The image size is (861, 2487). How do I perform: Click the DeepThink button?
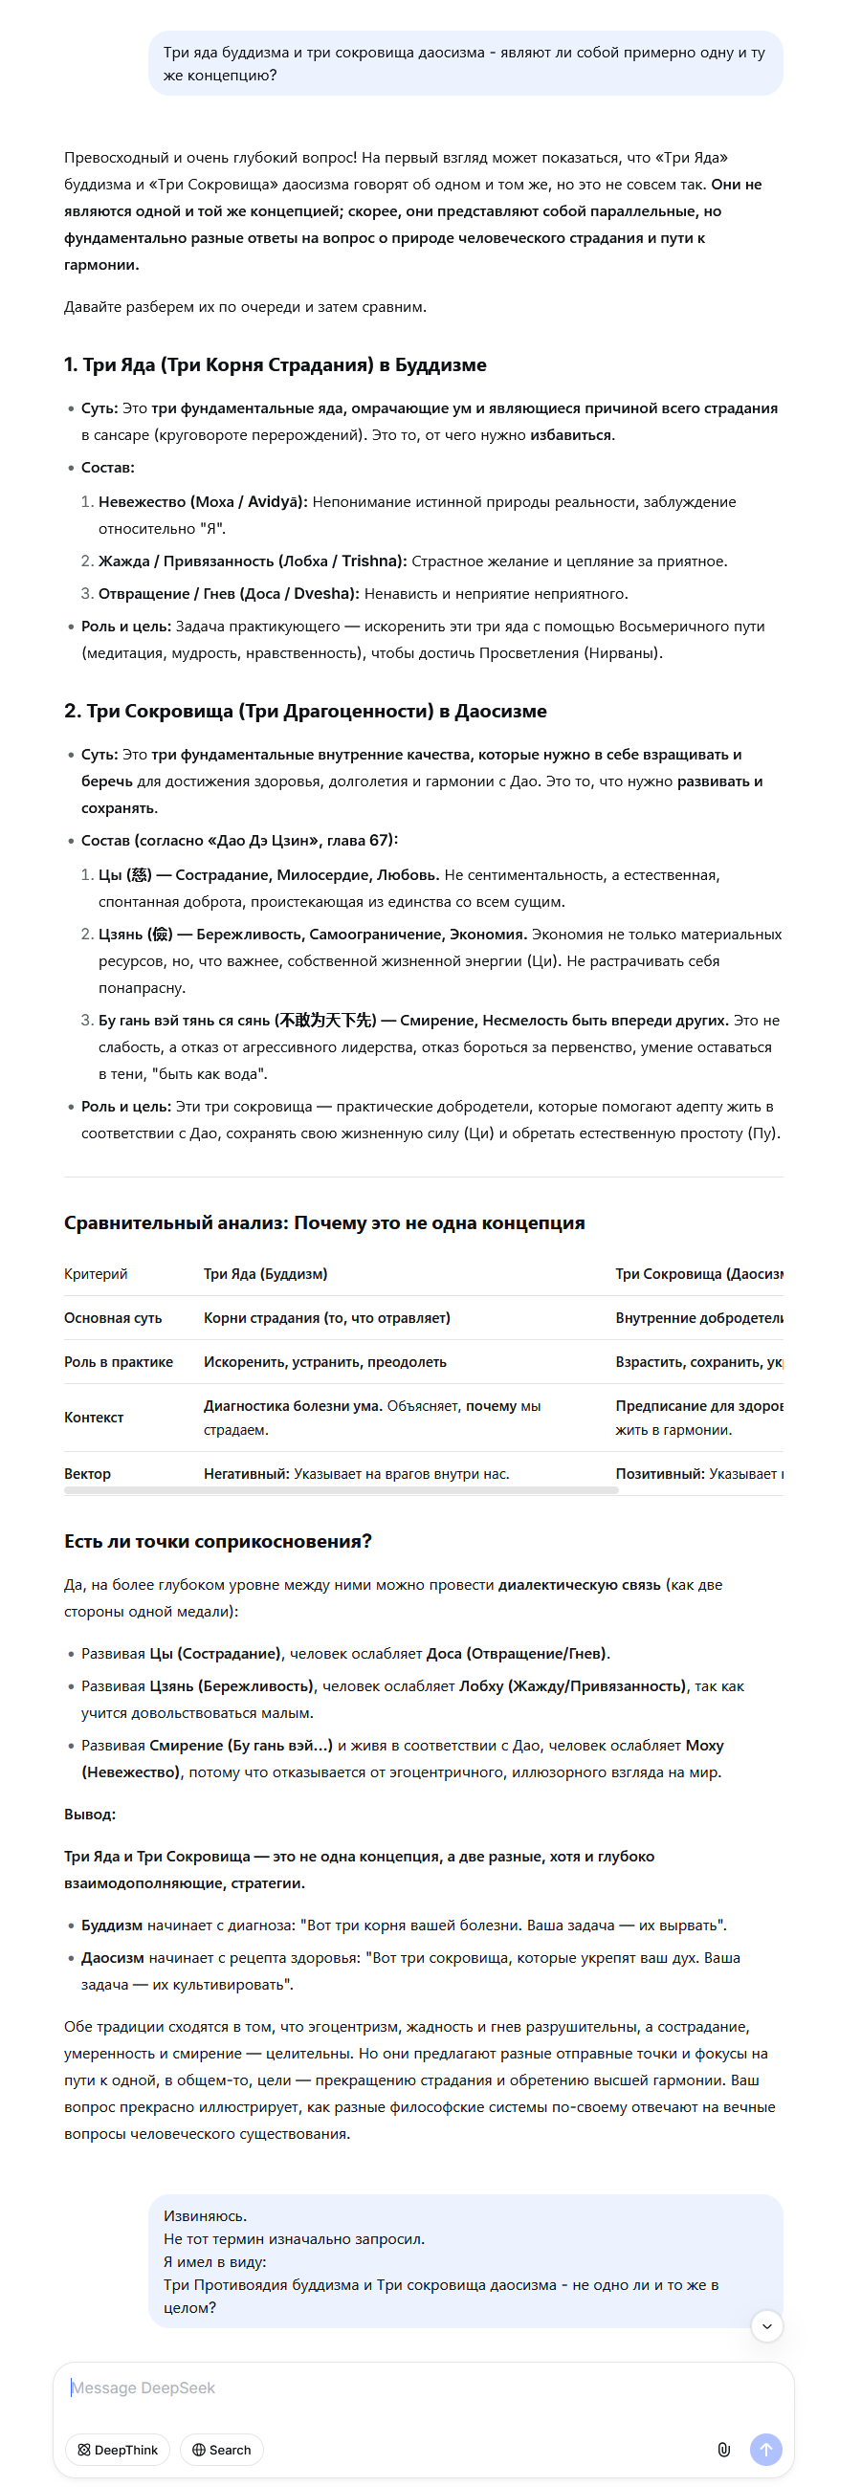click(118, 2450)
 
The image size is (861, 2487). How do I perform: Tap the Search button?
click(221, 2450)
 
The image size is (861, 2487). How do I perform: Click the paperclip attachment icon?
click(723, 2450)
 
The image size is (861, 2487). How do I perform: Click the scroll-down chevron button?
click(766, 2325)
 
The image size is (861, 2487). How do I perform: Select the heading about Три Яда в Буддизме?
click(276, 365)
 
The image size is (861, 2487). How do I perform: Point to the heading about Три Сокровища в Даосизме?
click(305, 712)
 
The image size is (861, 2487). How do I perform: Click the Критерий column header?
click(96, 1274)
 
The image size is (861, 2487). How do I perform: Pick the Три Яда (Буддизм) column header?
click(265, 1274)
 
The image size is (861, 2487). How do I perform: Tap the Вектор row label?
click(88, 1474)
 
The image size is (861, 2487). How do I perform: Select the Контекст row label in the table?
click(94, 1418)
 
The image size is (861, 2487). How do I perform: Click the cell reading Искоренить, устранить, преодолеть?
click(325, 1362)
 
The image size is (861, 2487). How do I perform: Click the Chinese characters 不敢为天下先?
click(326, 1021)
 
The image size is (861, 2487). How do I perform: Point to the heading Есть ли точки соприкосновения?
click(218, 1542)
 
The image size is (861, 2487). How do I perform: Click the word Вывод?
click(90, 1815)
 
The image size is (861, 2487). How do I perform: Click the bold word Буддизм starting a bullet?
click(112, 1926)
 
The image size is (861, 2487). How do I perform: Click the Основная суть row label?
click(113, 1318)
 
